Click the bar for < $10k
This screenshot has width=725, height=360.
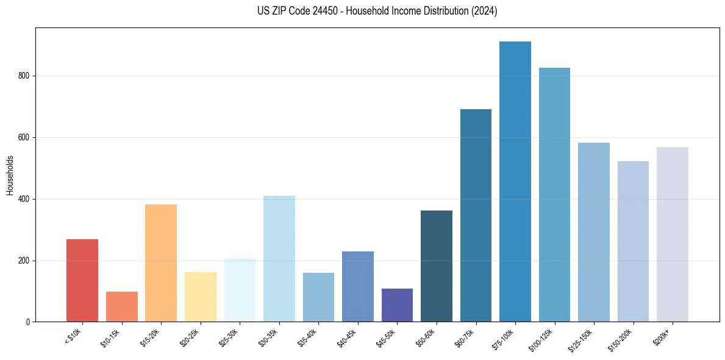click(x=82, y=280)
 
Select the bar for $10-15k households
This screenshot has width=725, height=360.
click(x=121, y=306)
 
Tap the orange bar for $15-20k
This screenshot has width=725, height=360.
click(x=161, y=263)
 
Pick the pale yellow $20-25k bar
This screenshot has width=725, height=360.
click(x=200, y=297)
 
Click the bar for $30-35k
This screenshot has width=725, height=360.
click(x=279, y=259)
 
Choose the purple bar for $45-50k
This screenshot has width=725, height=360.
click(x=397, y=305)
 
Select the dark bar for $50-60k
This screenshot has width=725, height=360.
click(x=437, y=266)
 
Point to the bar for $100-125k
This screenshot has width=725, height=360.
click(x=554, y=195)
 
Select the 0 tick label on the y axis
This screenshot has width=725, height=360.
click(x=27, y=322)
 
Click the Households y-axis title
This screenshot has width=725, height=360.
click(x=10, y=175)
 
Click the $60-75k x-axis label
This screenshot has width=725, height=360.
click(x=466, y=337)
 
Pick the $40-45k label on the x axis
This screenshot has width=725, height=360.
click(x=348, y=337)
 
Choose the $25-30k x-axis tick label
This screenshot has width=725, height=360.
click(x=230, y=337)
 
